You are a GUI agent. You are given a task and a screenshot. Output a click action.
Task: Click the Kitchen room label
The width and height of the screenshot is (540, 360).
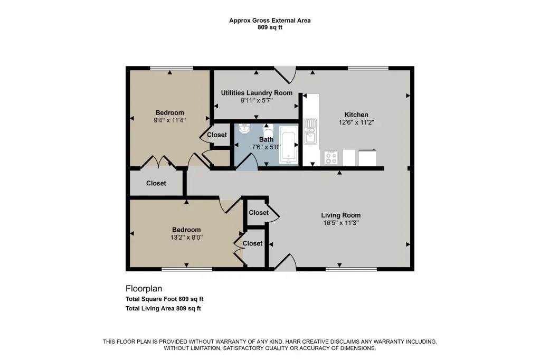pyautogui.click(x=356, y=115)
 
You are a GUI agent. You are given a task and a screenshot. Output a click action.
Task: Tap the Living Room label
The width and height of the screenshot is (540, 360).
pyautogui.click(x=341, y=215)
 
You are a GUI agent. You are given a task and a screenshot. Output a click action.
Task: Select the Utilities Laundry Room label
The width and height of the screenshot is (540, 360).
pyautogui.click(x=257, y=93)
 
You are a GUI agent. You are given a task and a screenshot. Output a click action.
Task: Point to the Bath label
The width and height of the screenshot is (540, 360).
pyautogui.click(x=266, y=139)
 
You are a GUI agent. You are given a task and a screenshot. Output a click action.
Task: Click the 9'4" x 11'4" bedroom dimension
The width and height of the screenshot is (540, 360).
pyautogui.click(x=170, y=120)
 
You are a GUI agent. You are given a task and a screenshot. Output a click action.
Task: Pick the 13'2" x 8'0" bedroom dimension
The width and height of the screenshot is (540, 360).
pyautogui.click(x=186, y=238)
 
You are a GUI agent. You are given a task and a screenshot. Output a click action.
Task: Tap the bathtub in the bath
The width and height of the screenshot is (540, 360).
pyautogui.click(x=288, y=145)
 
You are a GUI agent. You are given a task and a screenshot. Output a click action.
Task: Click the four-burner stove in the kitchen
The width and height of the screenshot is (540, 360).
pyautogui.click(x=331, y=158)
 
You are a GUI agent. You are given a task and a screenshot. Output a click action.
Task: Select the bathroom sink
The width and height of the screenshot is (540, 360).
pyautogui.click(x=244, y=129)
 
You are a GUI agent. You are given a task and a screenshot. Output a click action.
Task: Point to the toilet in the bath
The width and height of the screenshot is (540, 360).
pyautogui.click(x=268, y=130)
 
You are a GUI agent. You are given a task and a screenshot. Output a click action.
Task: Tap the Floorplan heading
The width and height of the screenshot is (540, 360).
pyautogui.click(x=144, y=289)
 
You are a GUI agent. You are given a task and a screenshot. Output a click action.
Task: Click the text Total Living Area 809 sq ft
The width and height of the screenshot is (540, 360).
pyautogui.click(x=163, y=309)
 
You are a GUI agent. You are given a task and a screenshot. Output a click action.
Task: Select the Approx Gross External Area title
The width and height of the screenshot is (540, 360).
pyautogui.click(x=270, y=21)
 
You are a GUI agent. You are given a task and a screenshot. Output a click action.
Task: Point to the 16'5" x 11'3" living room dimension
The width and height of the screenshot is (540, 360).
pyautogui.click(x=341, y=223)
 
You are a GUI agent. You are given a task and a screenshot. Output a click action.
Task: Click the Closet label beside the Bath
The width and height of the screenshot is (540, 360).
pyautogui.click(x=217, y=135)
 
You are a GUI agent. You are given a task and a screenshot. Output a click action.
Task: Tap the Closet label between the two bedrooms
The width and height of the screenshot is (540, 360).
pyautogui.click(x=156, y=183)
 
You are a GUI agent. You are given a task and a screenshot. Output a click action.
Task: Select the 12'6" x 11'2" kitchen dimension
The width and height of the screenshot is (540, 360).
pyautogui.click(x=356, y=122)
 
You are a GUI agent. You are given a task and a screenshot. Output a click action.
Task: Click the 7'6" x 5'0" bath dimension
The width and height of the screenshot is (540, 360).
pyautogui.click(x=266, y=147)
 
